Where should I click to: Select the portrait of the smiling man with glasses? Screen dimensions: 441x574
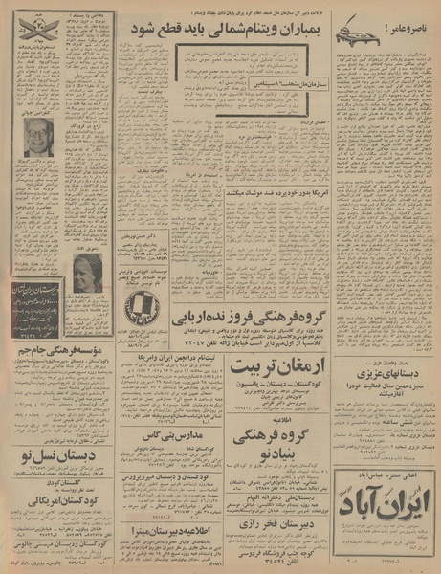(38, 137)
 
